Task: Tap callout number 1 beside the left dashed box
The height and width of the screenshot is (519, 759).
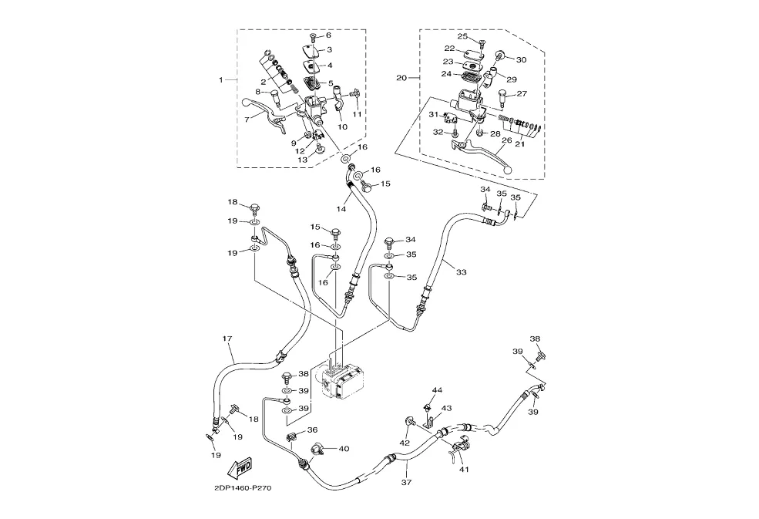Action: point(221,80)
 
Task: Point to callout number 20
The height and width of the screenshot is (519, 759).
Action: point(401,78)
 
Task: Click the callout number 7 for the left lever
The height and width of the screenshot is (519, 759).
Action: point(247,120)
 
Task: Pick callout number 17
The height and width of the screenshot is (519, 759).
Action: point(227,339)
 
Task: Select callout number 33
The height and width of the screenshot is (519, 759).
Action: point(462,271)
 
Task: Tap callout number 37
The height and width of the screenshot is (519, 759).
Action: point(406,483)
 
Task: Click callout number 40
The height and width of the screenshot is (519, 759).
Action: point(344,448)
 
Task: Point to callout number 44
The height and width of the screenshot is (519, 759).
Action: point(437,391)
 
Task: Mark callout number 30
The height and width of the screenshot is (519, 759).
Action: point(521,59)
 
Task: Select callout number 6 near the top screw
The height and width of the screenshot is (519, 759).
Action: point(327,35)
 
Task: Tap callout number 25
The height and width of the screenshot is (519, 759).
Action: point(462,36)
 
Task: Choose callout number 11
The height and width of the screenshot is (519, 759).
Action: point(357,114)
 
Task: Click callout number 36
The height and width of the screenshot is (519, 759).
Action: point(312,430)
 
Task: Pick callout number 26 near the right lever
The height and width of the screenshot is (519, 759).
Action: point(505,140)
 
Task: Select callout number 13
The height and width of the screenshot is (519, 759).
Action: point(303,160)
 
